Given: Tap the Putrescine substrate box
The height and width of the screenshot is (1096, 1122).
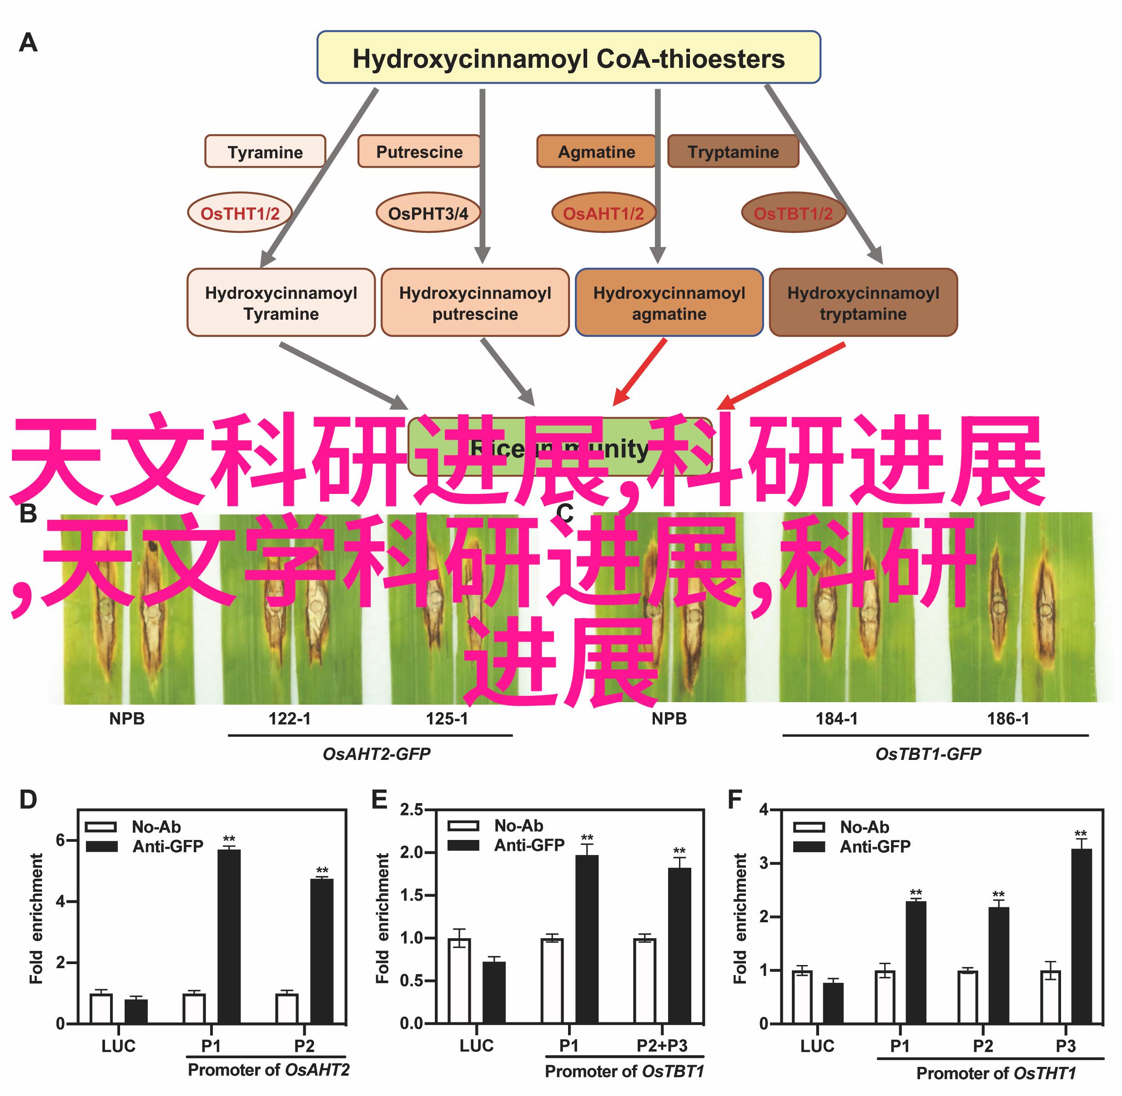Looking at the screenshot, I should pyautogui.click(x=418, y=151).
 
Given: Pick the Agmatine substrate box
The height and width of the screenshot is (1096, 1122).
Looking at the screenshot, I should pyautogui.click(x=596, y=151).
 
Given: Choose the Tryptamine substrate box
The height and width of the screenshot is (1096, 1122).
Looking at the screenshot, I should pyautogui.click(x=732, y=151).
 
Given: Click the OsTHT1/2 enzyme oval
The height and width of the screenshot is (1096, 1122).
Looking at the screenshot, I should pyautogui.click(x=240, y=213).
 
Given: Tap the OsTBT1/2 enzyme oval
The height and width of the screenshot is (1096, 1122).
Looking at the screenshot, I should pyautogui.click(x=793, y=213).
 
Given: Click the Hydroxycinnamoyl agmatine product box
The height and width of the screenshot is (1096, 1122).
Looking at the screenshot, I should pyautogui.click(x=669, y=303).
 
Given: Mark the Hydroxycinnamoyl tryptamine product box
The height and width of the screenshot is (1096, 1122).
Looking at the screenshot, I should pyautogui.click(x=863, y=303).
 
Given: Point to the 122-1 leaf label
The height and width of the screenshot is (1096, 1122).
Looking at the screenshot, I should pyautogui.click(x=290, y=719).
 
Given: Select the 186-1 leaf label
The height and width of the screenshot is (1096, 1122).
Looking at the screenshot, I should pyautogui.click(x=1008, y=719).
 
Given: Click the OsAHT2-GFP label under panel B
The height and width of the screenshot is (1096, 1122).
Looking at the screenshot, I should pyautogui.click(x=377, y=754).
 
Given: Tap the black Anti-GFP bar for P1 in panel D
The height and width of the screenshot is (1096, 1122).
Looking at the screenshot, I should pyautogui.click(x=229, y=936).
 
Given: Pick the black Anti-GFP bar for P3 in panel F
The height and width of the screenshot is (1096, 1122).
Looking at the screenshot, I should pyautogui.click(x=1081, y=936).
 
